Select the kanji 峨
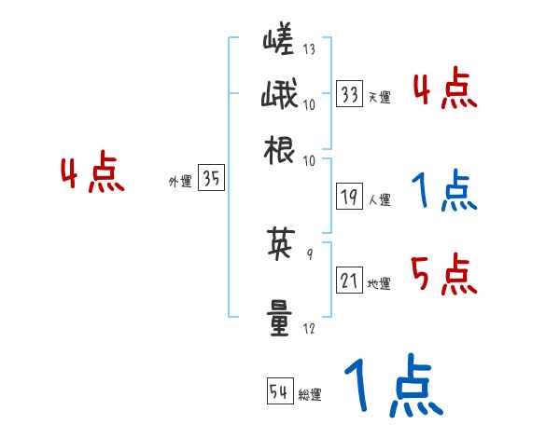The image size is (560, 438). point(279,96)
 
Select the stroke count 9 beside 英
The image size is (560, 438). point(309,253)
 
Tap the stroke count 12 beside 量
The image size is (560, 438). point(309,328)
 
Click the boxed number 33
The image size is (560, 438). point(350,94)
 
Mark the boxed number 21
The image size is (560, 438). point(350,281)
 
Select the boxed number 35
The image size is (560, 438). point(211,180)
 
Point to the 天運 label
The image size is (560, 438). point(379,97)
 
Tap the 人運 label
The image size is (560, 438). point(379,198)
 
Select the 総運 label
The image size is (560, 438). point(309,394)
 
